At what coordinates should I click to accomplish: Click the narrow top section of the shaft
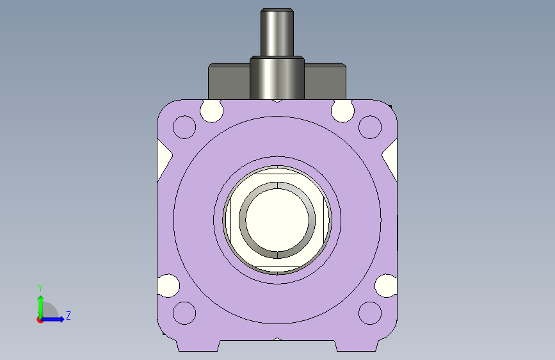pos(277,32)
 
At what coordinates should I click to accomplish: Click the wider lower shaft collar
pos(277,78)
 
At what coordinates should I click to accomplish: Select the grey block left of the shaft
pos(229,81)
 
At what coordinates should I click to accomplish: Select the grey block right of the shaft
pos(325,81)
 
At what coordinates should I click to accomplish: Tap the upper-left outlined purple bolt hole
pos(184,127)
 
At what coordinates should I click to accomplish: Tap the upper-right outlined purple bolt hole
pos(370,127)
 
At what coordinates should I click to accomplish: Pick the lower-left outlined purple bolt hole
pos(184,313)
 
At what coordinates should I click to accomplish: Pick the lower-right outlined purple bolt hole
pos(370,313)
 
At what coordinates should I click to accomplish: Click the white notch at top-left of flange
pos(212,110)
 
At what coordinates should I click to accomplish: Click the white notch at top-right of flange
pos(342,110)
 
